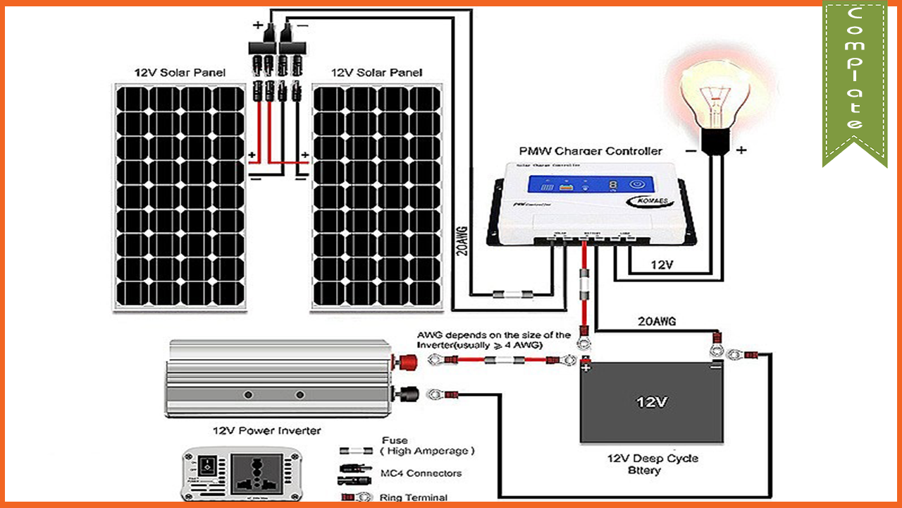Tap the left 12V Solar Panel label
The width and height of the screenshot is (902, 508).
coord(180,73)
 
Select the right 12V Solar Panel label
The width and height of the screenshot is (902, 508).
coord(376,73)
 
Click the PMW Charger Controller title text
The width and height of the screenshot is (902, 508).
coord(591,151)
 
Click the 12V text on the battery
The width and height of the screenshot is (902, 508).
coord(651,402)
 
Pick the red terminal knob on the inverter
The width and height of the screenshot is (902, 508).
coord(408,362)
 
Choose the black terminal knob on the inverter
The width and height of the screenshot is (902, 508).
coord(408,393)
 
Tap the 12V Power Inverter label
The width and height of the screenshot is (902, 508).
coord(266,430)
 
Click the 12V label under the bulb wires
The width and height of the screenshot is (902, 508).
coord(662,265)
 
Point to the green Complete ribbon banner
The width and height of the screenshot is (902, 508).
coord(854,78)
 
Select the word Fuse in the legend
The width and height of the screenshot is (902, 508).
coord(395,440)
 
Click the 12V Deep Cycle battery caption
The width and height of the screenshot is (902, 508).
coord(653,464)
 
